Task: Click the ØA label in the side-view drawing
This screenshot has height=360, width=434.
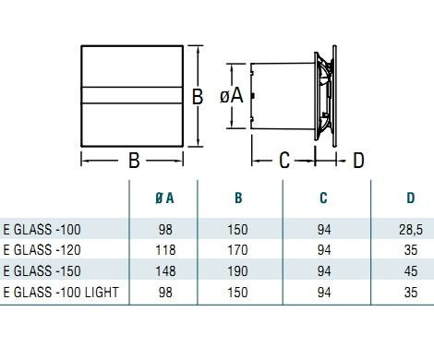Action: pos(231,96)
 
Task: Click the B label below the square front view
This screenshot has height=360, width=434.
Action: pos(133,160)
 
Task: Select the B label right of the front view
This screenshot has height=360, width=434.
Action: pos(197,96)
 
